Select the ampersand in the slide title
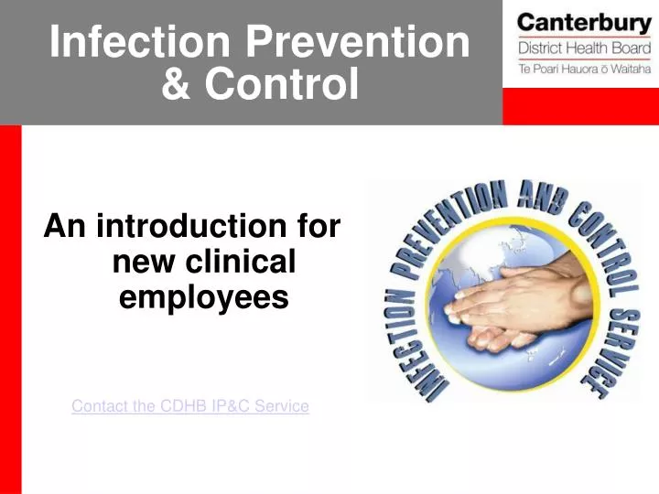click(x=176, y=85)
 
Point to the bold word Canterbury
click(x=584, y=22)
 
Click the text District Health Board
click(x=584, y=48)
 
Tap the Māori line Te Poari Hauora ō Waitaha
click(x=584, y=67)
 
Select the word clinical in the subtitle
click(x=233, y=263)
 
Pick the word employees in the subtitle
click(x=204, y=297)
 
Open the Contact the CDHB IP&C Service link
click(x=190, y=406)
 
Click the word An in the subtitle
click(x=65, y=226)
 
